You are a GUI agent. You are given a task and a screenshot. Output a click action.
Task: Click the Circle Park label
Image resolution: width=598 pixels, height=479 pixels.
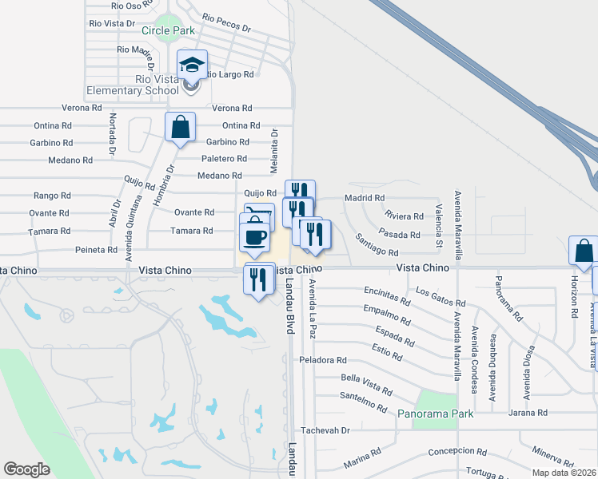click(168, 30)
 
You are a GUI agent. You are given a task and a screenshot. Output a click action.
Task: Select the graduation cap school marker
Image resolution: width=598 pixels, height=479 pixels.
click(192, 65)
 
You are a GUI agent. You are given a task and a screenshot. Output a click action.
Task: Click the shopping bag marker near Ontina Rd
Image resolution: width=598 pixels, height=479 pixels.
click(180, 127)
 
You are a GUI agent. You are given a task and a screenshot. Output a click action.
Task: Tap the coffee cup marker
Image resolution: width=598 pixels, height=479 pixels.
click(255, 238)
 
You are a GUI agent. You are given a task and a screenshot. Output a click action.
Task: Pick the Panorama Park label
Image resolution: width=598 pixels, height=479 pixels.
click(436, 414)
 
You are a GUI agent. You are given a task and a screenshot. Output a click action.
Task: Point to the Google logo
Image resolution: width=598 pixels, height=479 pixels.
click(26, 469)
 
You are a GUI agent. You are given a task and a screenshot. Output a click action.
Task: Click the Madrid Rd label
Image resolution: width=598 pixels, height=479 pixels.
click(365, 198)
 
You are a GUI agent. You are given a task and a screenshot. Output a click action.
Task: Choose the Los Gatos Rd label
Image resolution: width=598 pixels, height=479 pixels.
click(441, 297)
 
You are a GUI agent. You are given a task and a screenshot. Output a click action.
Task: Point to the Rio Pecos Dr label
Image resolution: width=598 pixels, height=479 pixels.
click(226, 22)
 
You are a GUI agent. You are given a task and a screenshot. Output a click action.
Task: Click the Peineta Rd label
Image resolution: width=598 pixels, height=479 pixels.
click(97, 250)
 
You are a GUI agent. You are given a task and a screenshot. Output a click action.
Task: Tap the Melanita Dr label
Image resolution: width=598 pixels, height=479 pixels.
click(273, 152)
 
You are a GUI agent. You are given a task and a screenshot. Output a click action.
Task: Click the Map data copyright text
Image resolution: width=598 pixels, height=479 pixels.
click(564, 473)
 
